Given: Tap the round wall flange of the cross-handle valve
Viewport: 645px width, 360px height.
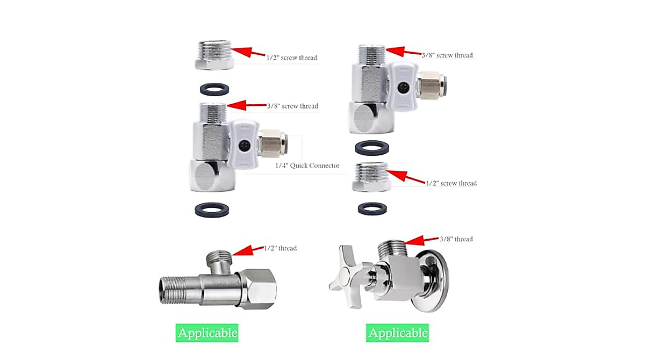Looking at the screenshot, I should pyautogui.click(x=435, y=279).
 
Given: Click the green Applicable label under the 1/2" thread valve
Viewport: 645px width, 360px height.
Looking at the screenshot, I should pyautogui.click(x=207, y=333).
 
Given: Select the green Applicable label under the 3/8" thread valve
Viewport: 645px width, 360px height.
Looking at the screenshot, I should pyautogui.click(x=398, y=333).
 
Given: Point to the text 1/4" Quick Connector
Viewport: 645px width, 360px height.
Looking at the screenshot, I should pyautogui.click(x=307, y=165).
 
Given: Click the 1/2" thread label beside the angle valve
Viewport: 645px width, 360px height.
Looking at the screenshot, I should pyautogui.click(x=280, y=248).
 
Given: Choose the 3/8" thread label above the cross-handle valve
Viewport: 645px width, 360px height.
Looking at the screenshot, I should pyautogui.click(x=456, y=239).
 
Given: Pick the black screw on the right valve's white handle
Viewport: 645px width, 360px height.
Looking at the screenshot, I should pyautogui.click(x=403, y=86).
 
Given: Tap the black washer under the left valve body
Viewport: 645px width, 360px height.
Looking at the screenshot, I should pyautogui.click(x=212, y=210).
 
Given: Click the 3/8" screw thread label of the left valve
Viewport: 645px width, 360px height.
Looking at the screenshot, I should pyautogui.click(x=292, y=106).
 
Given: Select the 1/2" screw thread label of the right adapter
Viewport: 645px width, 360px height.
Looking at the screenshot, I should pyautogui.click(x=451, y=183).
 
